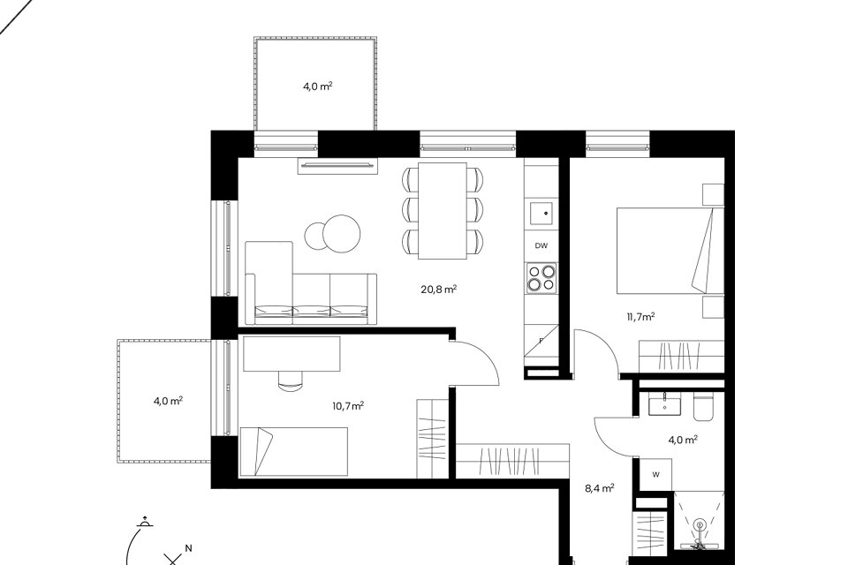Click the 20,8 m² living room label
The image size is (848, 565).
tap(439, 290)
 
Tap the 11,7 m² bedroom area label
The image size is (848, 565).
tap(641, 317)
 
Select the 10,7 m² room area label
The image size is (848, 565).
tap(348, 406)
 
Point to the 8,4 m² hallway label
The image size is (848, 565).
tap(599, 489)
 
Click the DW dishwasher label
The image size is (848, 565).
tap(541, 245)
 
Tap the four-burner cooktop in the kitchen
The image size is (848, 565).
tap(541, 277)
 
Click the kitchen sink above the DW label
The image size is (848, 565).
tap(541, 213)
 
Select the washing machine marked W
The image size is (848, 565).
tap(655, 475)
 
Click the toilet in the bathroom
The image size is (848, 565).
tap(703, 408)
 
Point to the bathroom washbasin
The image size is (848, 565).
tap(664, 403)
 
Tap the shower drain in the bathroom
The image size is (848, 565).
tap(700, 524)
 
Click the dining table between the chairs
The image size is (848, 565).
tap(443, 211)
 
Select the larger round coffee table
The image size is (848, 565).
tap(341, 234)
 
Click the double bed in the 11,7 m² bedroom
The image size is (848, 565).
tap(670, 251)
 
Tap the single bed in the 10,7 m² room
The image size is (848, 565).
tap(293, 451)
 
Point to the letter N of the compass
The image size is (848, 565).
tap(188, 548)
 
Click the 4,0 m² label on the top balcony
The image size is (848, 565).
tap(317, 86)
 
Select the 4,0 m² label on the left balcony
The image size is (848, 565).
tap(168, 401)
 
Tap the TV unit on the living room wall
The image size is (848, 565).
tap(337, 166)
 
